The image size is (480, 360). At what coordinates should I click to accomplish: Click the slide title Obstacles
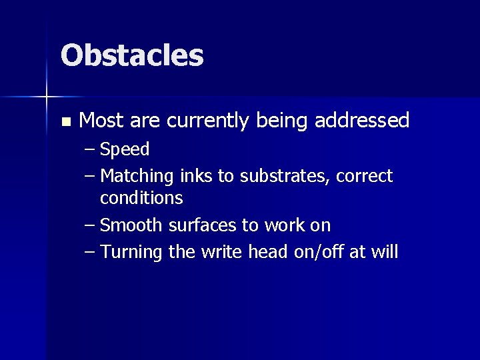click(x=132, y=55)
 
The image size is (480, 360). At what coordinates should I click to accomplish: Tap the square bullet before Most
click(x=65, y=122)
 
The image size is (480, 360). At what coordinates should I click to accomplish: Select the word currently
click(x=207, y=121)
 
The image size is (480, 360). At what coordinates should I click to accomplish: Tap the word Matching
click(x=137, y=176)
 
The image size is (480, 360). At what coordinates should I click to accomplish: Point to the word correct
click(x=365, y=176)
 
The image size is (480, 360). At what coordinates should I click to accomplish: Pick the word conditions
click(x=141, y=198)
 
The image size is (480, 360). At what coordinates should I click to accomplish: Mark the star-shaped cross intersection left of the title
click(x=47, y=97)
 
